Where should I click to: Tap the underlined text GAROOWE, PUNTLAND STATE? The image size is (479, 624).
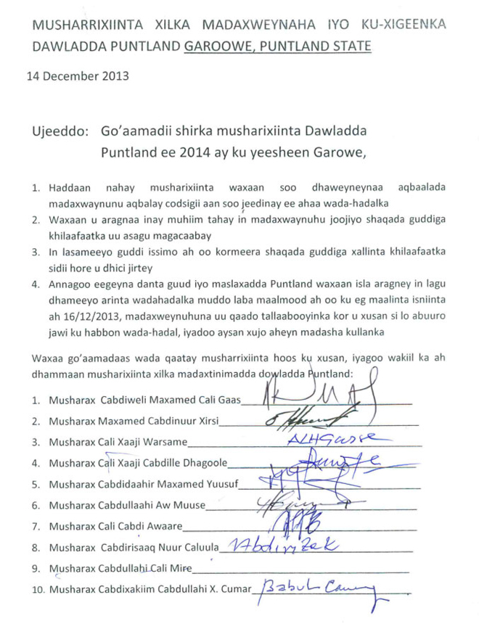277,46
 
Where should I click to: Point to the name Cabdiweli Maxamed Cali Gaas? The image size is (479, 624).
144,400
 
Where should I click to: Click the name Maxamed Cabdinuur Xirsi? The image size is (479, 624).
134,421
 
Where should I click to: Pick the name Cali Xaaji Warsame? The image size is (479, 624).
118,441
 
